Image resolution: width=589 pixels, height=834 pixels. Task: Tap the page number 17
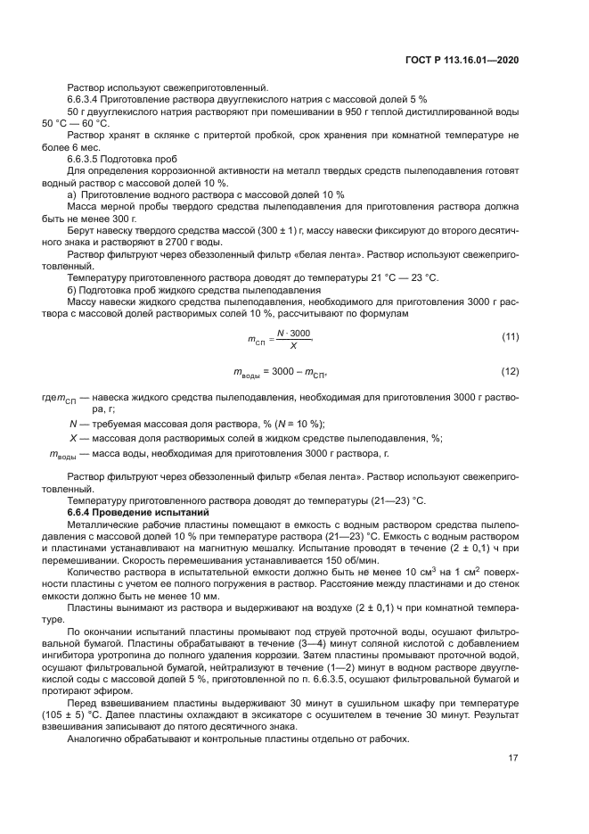pos(513,758)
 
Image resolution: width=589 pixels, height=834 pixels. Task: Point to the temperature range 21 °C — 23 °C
pos(392,277)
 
